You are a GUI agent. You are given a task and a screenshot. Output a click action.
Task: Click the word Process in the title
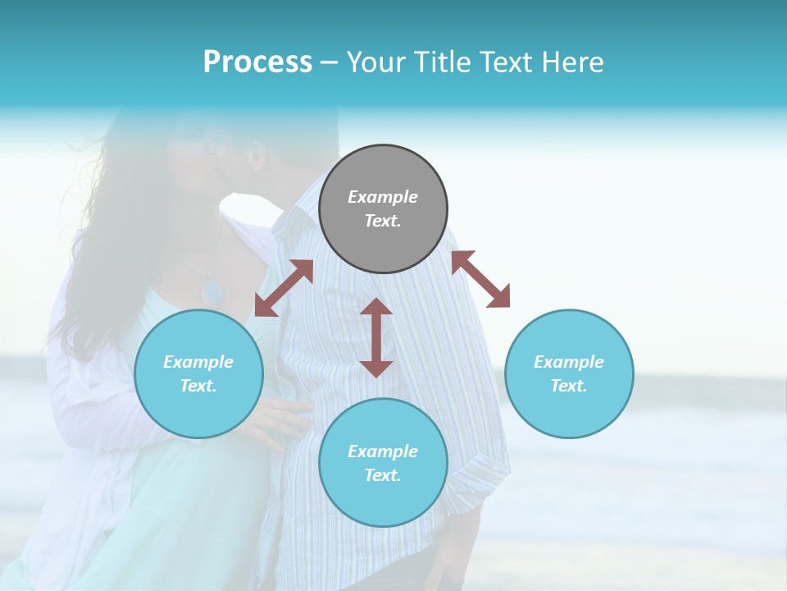[257, 62]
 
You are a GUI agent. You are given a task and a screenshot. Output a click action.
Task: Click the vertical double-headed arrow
[376, 337]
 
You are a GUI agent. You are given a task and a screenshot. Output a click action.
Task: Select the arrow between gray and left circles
[284, 288]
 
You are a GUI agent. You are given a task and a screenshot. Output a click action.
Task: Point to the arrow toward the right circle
[480, 279]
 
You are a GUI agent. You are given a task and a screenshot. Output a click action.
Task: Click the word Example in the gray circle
[383, 197]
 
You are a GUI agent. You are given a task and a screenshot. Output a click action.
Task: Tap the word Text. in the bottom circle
[383, 475]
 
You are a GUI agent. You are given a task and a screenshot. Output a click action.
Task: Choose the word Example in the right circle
[569, 362]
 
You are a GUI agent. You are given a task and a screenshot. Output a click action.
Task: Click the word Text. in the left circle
[198, 386]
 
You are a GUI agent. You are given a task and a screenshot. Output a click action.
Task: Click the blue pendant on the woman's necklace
[213, 291]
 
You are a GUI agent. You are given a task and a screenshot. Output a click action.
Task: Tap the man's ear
[256, 153]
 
